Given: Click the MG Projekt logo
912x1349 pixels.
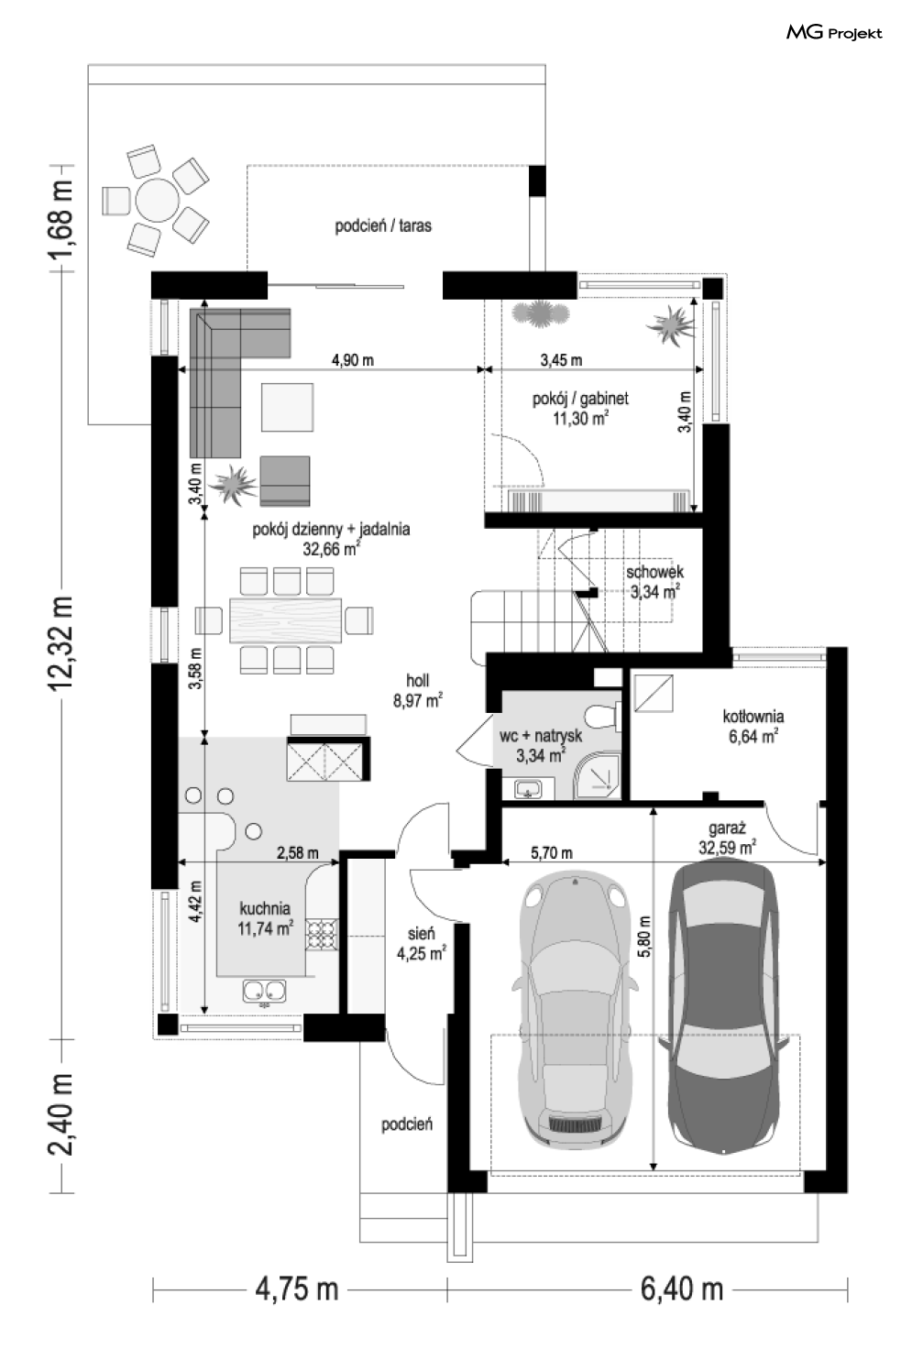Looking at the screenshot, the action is click(834, 33).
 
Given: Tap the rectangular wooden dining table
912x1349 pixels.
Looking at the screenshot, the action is click(286, 620).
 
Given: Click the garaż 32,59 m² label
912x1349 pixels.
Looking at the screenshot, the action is click(727, 838).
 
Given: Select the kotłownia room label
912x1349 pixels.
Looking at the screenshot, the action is click(753, 726).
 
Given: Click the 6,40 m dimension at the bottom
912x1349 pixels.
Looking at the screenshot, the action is click(681, 1289).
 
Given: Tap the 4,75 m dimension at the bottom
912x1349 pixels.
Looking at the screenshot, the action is click(296, 1289).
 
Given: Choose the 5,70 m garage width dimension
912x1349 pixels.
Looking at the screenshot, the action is click(551, 853).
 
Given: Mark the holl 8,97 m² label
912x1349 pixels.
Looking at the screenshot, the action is click(418, 690).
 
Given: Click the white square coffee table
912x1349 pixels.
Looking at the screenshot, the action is click(287, 408).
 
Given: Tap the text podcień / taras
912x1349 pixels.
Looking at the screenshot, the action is click(383, 225).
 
